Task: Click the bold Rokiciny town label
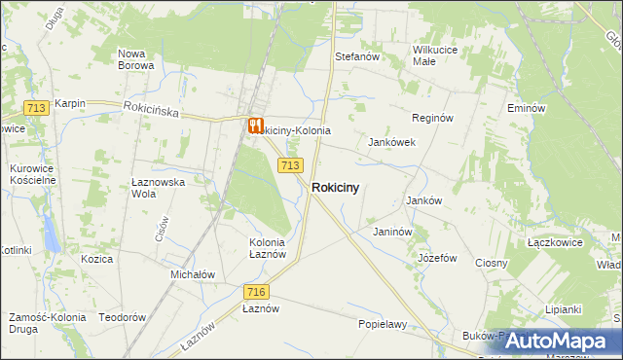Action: (x=340, y=189)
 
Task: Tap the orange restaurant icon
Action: (x=255, y=126)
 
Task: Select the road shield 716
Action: (x=256, y=292)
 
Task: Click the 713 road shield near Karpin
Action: (x=38, y=108)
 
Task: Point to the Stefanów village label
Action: (x=356, y=56)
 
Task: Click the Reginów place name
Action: (x=433, y=118)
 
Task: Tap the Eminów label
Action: (x=525, y=108)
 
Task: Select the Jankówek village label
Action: (x=391, y=142)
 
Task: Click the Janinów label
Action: (x=394, y=232)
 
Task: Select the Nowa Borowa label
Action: (x=135, y=59)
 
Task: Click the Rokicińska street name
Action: (x=151, y=112)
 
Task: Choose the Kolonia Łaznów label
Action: (x=267, y=248)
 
